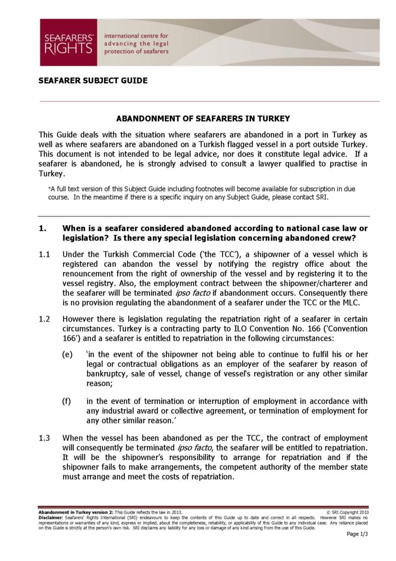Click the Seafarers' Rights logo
[68, 42]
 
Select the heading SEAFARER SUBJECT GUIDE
[93, 81]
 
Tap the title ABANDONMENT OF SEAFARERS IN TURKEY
[203, 118]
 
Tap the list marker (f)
[67, 401]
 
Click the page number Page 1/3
[358, 534]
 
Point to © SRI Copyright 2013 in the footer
[348, 512]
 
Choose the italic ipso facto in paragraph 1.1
[191, 293]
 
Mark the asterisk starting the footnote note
[50, 188]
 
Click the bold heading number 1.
[42, 228]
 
